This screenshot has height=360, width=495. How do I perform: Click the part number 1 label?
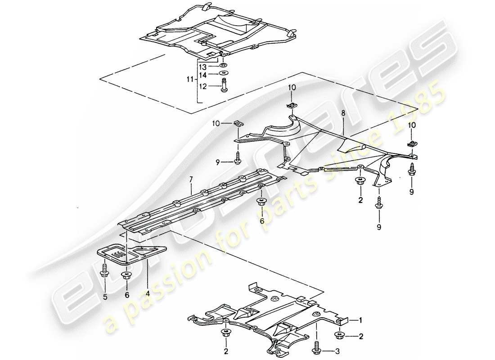(360, 320)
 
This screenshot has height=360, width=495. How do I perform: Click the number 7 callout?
(191, 180)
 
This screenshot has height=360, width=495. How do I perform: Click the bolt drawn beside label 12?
(224, 85)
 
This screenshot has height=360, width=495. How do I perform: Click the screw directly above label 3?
(317, 349)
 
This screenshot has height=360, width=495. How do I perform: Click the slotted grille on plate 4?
(119, 255)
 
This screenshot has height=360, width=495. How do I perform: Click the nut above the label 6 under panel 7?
(260, 201)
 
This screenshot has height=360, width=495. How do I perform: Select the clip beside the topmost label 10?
(291, 106)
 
